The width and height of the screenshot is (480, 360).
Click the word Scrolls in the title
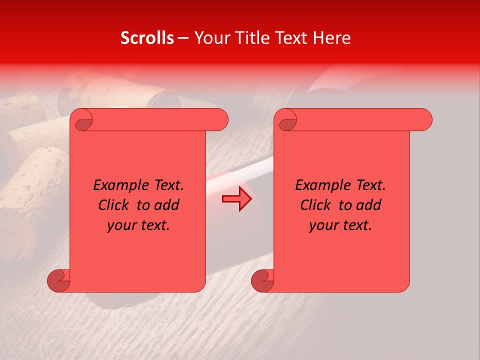pyautogui.click(x=147, y=38)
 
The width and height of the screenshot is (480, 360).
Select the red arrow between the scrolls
pyautogui.click(x=236, y=198)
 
